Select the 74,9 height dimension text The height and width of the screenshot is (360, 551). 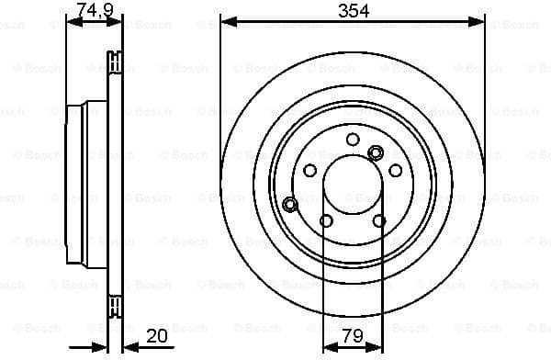(x=94, y=9)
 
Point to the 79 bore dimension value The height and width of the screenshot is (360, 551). (x=352, y=336)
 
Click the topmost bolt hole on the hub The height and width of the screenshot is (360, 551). (x=353, y=139)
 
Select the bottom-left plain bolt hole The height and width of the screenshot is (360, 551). (x=326, y=219)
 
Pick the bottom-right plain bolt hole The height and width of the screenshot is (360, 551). (x=378, y=219)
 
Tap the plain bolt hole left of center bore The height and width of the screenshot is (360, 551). (x=309, y=170)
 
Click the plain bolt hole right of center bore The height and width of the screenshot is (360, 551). (x=396, y=170)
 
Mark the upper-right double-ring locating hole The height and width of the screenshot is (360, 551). (x=374, y=152)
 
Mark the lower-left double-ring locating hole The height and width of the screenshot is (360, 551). (x=290, y=203)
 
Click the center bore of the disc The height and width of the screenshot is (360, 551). (x=353, y=183)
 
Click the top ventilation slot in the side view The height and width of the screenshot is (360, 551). (x=115, y=63)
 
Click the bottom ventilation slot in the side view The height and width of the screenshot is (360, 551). (x=115, y=303)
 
